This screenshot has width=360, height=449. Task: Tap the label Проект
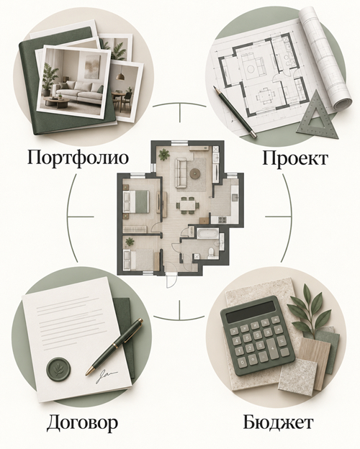[x=294, y=158]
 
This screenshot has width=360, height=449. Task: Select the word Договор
[x=82, y=423]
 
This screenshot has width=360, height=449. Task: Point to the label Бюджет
[x=278, y=422]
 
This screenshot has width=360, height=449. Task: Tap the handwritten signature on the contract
[x=105, y=376]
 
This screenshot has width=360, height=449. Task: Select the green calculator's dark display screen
[x=251, y=312]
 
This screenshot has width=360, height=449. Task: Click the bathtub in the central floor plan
[x=207, y=233]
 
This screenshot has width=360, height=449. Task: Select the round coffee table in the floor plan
[x=195, y=173]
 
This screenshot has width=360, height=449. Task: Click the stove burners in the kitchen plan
[x=222, y=219]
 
